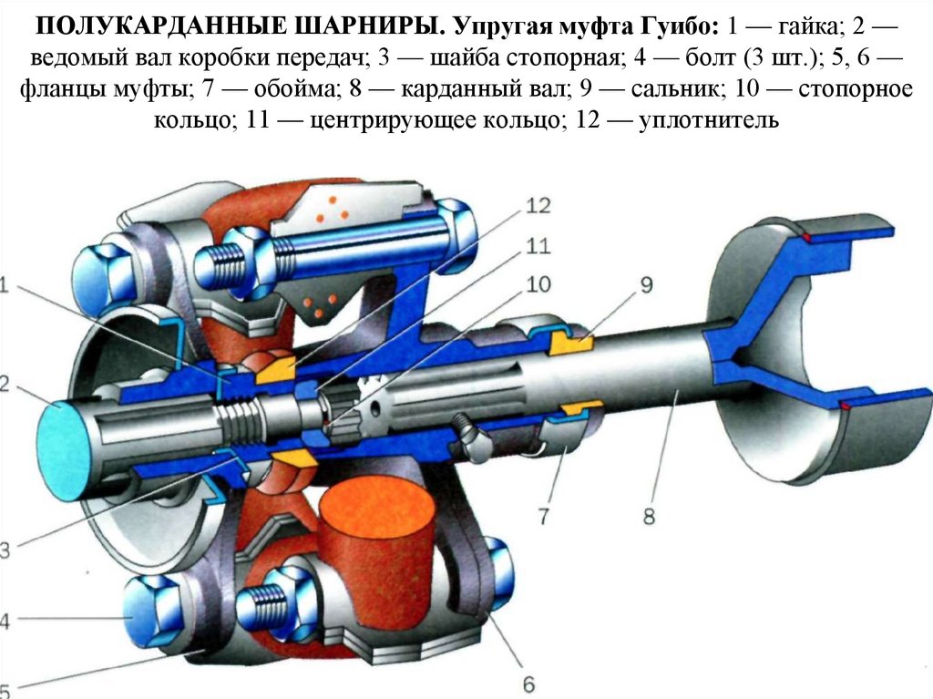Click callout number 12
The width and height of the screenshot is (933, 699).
click(x=538, y=206)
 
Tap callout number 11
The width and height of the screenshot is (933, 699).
click(x=538, y=246)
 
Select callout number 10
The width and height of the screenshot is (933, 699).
click(x=538, y=284)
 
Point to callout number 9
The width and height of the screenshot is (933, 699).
click(x=645, y=285)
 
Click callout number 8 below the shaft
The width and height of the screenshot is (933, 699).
click(x=648, y=517)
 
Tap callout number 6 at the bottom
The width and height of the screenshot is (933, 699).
click(x=528, y=683)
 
